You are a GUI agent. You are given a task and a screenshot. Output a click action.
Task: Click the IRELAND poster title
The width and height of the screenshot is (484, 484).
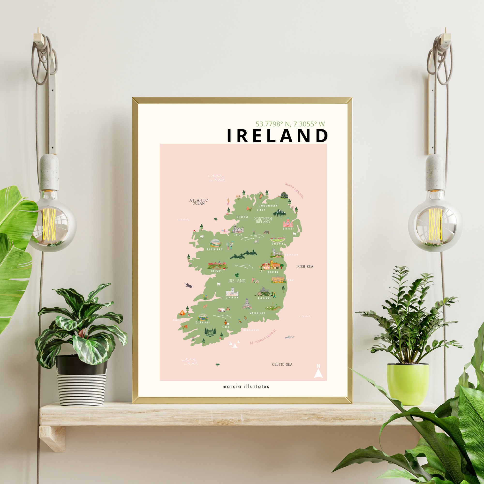point(277,136)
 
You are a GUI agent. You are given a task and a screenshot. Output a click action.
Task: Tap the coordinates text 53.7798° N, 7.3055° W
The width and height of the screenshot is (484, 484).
point(290,124)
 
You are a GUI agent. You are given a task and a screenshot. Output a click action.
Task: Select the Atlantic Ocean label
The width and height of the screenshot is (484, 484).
point(199,202)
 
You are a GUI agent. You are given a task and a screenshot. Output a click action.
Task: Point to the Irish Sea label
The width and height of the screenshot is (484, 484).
point(305,266)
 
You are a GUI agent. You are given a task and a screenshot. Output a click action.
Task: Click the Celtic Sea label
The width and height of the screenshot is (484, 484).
point(282,364)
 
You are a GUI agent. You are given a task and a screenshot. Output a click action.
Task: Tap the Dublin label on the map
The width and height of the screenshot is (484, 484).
point(272,272)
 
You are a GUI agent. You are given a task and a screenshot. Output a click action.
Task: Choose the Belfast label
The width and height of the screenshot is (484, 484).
point(288,228)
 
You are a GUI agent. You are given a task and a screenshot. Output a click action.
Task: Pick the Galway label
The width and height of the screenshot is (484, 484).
point(216,271)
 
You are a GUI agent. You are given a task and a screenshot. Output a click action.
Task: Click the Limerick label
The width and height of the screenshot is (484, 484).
point(232,297)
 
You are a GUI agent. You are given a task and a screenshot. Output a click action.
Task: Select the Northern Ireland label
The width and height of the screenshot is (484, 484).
point(263,220)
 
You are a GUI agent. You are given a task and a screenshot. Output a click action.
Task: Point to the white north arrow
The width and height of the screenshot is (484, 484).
point(318,372)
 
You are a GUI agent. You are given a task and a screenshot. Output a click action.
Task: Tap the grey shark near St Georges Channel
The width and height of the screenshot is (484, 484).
point(290,337)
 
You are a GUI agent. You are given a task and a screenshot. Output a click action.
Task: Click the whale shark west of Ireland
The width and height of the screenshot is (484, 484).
point(188,285)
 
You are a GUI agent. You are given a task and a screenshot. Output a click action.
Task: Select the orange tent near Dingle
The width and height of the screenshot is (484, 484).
point(182,312)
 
